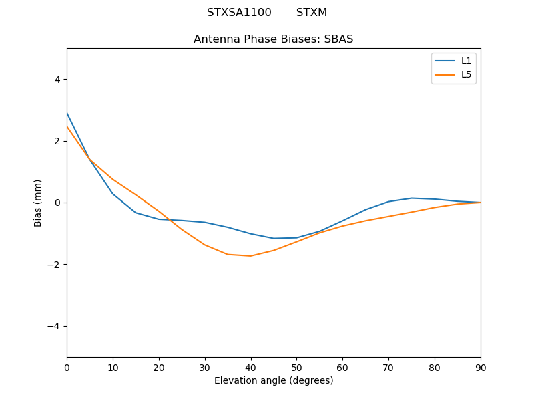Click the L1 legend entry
[x=466, y=61]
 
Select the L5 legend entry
[x=466, y=74]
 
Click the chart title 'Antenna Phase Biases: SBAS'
[x=273, y=39]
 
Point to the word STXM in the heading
[x=312, y=13]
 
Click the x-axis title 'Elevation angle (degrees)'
[x=274, y=381]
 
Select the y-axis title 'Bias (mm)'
[x=38, y=203]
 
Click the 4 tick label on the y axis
[x=57, y=80]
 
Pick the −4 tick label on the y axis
[x=54, y=326]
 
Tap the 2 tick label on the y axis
[x=57, y=141]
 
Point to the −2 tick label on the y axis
[x=54, y=265]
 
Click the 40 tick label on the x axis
[x=251, y=367]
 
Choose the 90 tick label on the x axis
[x=481, y=367]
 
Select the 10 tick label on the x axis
[x=113, y=367]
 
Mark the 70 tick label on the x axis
[x=388, y=367]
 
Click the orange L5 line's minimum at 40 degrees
[x=251, y=256]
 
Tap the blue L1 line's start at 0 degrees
[x=67, y=113]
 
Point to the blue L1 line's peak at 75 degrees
[x=412, y=198]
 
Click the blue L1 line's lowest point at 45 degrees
[x=274, y=238]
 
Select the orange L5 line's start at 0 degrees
[x=67, y=126]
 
